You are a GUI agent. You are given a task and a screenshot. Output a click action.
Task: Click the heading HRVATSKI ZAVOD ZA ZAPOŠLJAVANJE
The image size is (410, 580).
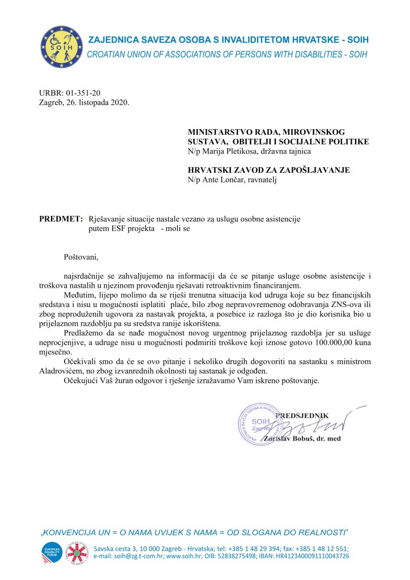coord(269,170)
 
